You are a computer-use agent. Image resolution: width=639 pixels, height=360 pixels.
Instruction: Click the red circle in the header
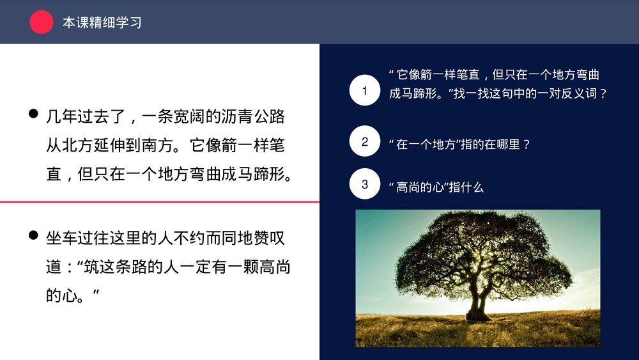click(x=42, y=22)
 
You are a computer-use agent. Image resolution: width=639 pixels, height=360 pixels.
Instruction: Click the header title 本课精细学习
click(x=102, y=22)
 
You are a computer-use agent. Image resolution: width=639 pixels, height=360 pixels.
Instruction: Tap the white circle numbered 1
click(x=365, y=90)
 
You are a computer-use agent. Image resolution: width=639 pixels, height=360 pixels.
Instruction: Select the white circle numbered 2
click(x=365, y=141)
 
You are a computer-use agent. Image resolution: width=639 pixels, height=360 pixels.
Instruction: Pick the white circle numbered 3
click(x=365, y=184)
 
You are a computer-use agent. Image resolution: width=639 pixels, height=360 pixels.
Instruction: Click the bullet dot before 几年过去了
click(x=33, y=114)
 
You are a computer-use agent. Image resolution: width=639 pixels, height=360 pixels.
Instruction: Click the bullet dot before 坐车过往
click(x=33, y=236)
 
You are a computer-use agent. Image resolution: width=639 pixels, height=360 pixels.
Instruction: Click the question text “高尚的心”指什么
click(x=436, y=187)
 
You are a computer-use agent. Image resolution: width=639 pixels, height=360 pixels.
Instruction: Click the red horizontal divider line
click(x=160, y=202)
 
